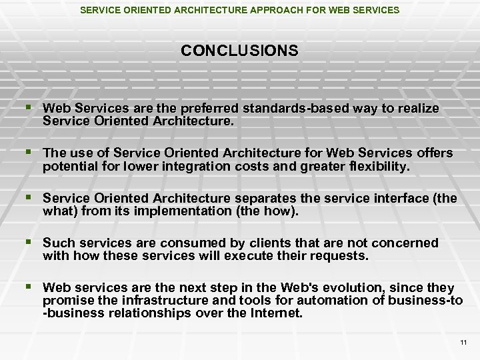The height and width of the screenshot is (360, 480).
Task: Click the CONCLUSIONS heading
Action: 239,51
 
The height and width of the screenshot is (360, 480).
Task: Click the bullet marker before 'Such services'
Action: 27,242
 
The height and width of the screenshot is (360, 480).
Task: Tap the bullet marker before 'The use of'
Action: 27,152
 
